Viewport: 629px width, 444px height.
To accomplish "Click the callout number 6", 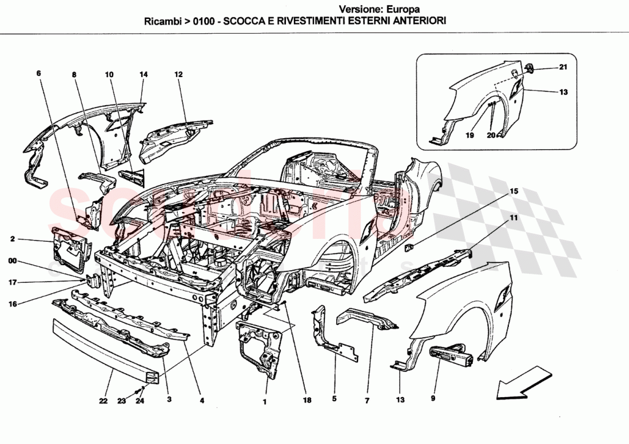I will [x=39, y=74].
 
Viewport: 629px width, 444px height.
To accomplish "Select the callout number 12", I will [x=178, y=74].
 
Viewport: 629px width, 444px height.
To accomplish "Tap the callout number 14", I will [x=143, y=74].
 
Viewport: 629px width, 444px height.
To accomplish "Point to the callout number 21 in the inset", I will [x=563, y=68].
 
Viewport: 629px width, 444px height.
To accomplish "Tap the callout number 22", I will [x=103, y=401].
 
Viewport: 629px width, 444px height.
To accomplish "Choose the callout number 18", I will [x=308, y=401].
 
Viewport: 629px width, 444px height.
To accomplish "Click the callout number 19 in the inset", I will [x=469, y=137].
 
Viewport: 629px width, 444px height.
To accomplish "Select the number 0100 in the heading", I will [x=205, y=20].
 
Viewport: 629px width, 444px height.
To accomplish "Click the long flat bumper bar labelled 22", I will [x=103, y=346].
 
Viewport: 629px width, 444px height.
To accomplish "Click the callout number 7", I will [x=367, y=400].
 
